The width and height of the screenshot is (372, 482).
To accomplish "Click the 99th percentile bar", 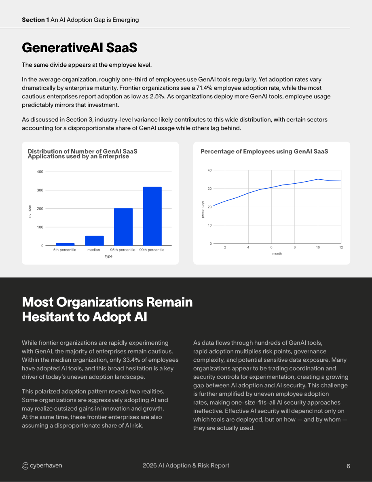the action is coord(152,216).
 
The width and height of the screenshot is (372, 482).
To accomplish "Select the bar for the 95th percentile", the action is coord(123,227).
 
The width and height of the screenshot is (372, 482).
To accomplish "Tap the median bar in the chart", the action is coord(94,241).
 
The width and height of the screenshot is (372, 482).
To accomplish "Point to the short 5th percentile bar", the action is coord(65,244).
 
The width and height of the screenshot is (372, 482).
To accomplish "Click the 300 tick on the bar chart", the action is coord(40,190).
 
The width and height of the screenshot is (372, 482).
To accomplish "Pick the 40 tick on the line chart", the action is coord(210,170).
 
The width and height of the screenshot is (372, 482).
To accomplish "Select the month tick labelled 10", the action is coord(318,247).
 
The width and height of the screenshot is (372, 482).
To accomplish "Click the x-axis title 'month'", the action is coord(277,254).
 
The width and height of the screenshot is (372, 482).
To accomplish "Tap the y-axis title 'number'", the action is coord(30,211).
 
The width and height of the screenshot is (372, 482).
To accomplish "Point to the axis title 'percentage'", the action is coord(203,209).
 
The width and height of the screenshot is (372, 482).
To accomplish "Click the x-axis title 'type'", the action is coord(108,256).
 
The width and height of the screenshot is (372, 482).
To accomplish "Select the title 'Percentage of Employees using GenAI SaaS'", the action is coord(264,151).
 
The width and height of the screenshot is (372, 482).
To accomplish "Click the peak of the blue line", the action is coord(318,179).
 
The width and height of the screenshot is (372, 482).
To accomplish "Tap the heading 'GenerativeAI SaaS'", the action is coord(80,48).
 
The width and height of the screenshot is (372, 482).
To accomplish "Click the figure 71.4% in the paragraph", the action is coord(204,88).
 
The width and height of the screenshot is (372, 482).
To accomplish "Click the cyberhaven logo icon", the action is coord(25,466).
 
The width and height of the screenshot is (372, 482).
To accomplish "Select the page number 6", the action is coord(348,466).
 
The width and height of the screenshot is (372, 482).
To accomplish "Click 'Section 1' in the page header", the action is coord(35,20).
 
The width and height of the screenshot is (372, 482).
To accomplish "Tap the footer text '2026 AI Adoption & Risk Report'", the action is coord(186,465).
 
